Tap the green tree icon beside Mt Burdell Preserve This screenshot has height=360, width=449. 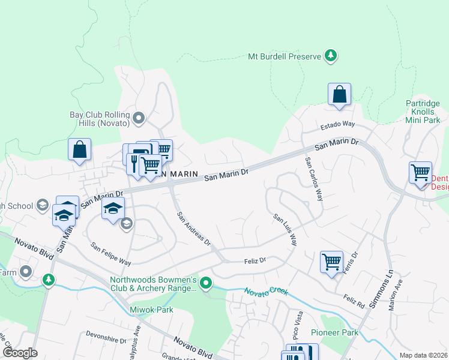tap(330, 56)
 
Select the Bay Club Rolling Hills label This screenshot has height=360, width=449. tap(100, 118)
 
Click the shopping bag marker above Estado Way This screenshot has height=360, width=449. tap(339, 95)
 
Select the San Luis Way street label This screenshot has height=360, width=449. tap(286, 230)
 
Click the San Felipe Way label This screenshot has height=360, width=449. tap(110, 254)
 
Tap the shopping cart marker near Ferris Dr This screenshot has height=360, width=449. tap(331, 262)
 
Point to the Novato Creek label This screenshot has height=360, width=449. tap(266, 292)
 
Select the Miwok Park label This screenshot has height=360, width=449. tap(151, 310)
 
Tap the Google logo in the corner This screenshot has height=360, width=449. tap(20, 353)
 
